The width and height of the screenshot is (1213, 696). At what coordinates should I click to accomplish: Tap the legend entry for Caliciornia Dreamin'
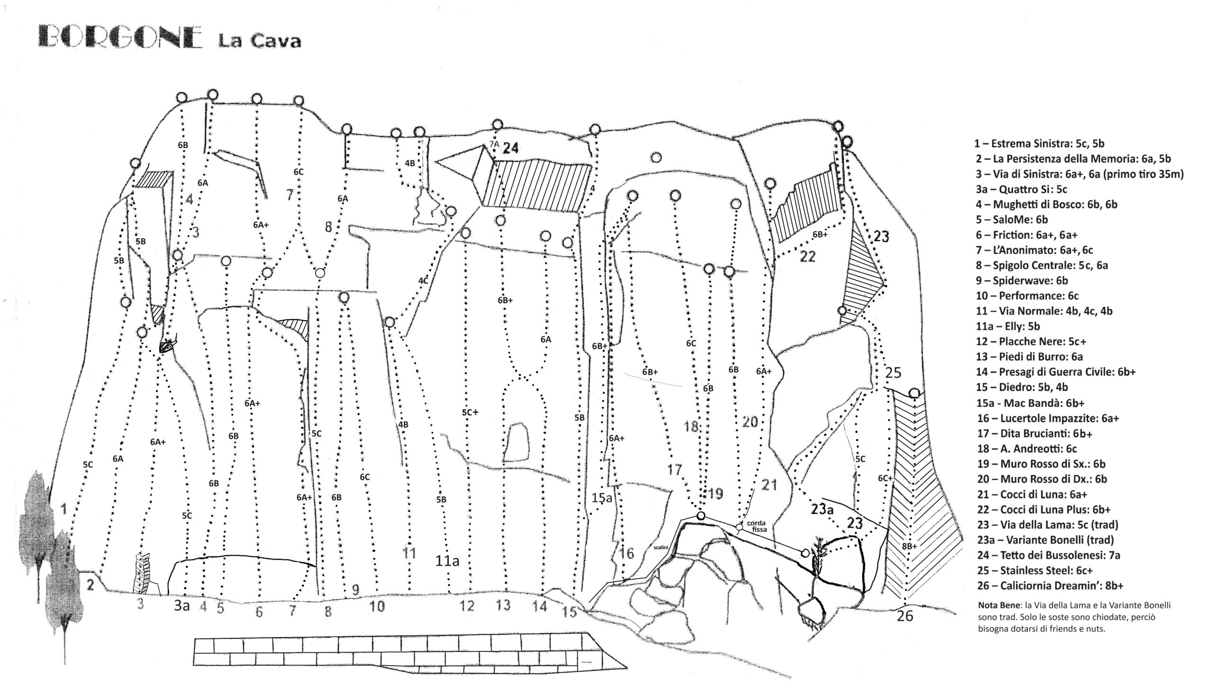pyautogui.click(x=1050, y=586)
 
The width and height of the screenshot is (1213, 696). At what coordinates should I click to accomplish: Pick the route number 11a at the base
pyautogui.click(x=447, y=561)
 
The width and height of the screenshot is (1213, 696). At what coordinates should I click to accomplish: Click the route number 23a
pyautogui.click(x=822, y=510)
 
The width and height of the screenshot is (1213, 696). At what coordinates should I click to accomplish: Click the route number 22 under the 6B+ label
pyautogui.click(x=808, y=257)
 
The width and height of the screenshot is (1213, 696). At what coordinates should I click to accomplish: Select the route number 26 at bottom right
pyautogui.click(x=905, y=616)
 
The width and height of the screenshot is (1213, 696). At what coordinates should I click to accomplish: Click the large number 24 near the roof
pyautogui.click(x=510, y=149)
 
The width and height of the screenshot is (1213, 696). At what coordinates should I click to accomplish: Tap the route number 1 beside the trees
pyautogui.click(x=64, y=509)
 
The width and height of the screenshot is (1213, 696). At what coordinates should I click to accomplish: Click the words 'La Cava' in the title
pyautogui.click(x=260, y=41)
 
